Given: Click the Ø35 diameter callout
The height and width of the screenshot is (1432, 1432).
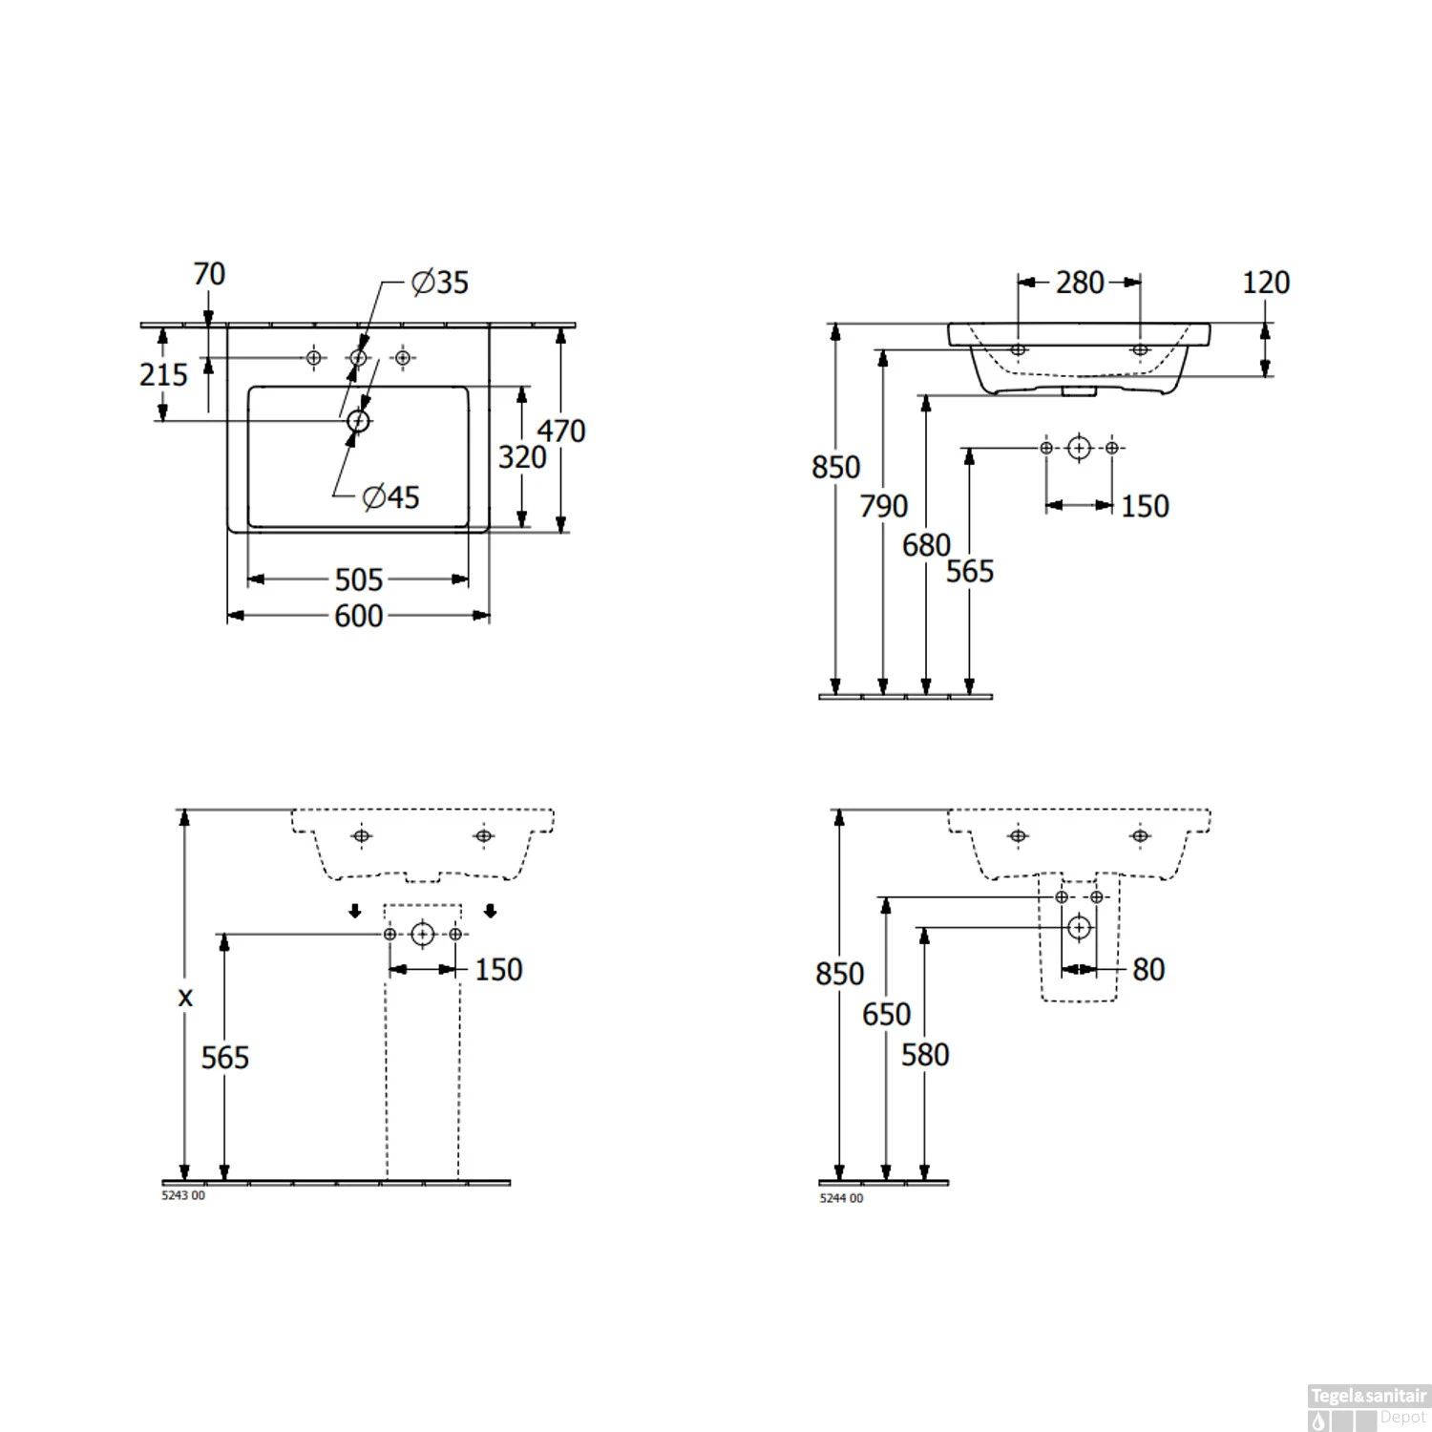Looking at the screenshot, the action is coord(440,283).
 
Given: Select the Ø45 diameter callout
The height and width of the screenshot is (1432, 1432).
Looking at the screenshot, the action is coord(391,496).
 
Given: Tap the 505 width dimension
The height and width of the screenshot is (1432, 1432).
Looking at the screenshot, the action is coord(359,579).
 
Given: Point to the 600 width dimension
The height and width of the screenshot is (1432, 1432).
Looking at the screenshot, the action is coord(359,616).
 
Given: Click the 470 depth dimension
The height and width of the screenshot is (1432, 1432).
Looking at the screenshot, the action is coord(561,431).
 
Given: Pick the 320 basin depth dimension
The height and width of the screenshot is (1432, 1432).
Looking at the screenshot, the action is coord(522,457).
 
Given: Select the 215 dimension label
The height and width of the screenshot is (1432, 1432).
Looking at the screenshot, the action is coord(164,374).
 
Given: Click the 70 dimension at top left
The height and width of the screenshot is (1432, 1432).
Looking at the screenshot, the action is coord(209,274).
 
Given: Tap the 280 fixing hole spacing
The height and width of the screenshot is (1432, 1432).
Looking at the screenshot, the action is coord(1080,283).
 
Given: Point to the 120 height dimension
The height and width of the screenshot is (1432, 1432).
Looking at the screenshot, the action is coord(1266,283).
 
